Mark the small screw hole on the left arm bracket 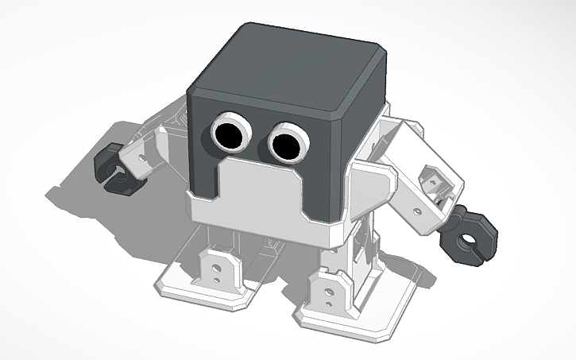[142, 159]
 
